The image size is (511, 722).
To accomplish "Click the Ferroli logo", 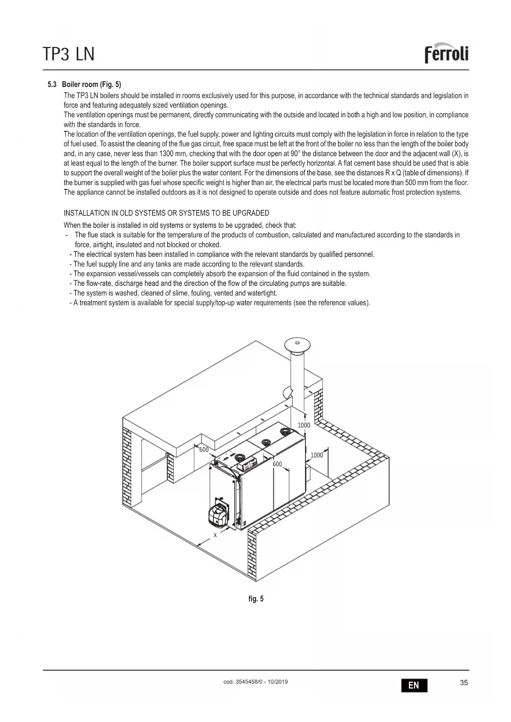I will (x=446, y=54).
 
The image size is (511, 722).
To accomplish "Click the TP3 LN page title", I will (x=68, y=54).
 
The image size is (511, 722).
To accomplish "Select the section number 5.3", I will (x=52, y=84).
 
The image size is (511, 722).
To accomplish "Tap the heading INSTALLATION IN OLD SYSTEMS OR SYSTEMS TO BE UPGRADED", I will (x=166, y=213).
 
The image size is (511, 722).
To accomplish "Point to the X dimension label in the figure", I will (x=215, y=535).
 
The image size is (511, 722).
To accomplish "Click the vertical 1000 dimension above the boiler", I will (x=304, y=425).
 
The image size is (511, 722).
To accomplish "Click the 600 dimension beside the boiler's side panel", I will (x=278, y=464).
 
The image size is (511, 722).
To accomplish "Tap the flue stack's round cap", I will (x=297, y=344).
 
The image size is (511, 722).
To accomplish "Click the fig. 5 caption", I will (x=256, y=599).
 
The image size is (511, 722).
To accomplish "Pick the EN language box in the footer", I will (x=414, y=685).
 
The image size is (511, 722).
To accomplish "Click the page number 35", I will (x=464, y=683).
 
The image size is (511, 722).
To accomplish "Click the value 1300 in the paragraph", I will (x=166, y=154).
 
